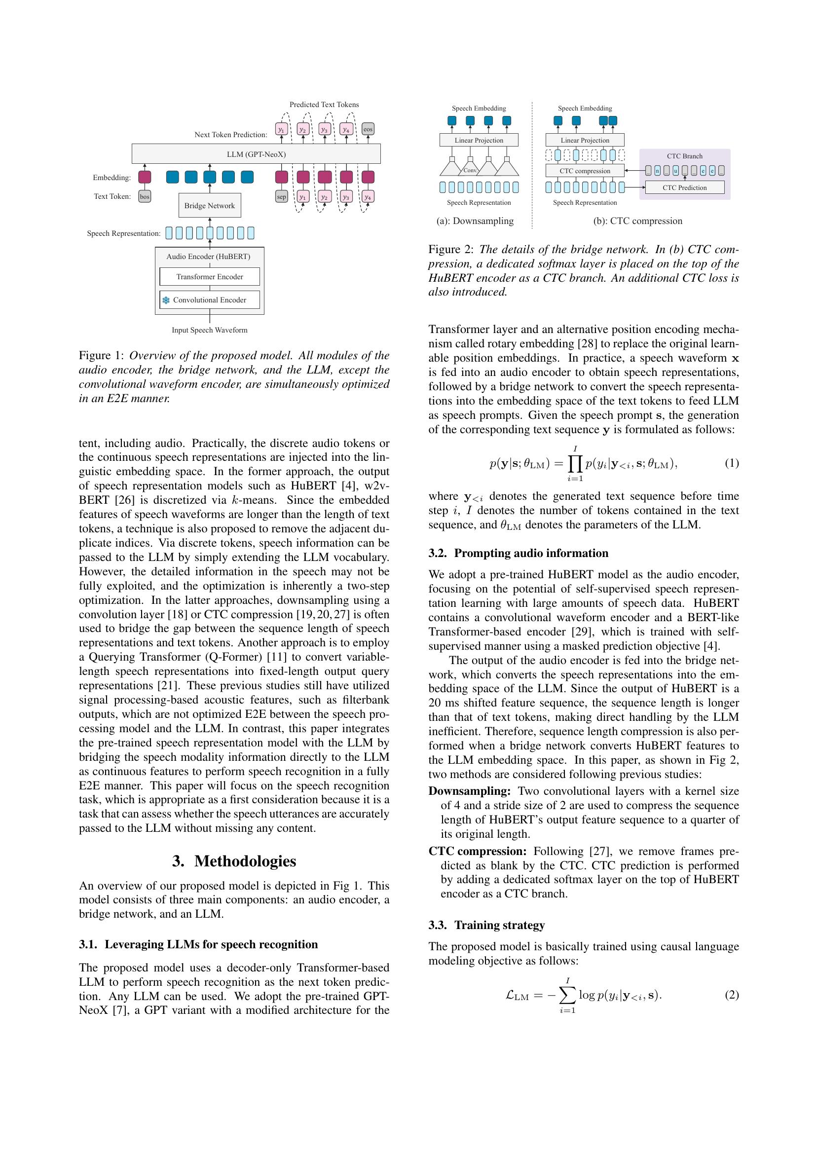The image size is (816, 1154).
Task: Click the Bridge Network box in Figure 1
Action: click(x=210, y=206)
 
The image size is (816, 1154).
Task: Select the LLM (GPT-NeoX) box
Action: click(x=256, y=154)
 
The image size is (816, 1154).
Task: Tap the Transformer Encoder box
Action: click(x=210, y=276)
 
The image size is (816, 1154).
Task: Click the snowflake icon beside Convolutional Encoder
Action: click(x=166, y=300)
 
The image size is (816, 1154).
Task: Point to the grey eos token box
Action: click(x=368, y=129)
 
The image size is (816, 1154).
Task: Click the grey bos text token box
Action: click(x=145, y=196)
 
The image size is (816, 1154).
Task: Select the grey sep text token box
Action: click(x=281, y=196)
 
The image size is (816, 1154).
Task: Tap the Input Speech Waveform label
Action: click(x=210, y=330)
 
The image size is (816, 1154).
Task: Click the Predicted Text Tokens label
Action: click(x=324, y=105)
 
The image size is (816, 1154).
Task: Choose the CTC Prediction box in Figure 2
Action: click(x=684, y=187)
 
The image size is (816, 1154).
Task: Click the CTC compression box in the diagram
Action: click(x=585, y=171)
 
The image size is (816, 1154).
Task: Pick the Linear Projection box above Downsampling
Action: click(x=479, y=140)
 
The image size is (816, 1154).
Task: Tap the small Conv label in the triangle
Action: click(x=470, y=170)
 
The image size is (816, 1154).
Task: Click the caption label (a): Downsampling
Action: click(x=475, y=221)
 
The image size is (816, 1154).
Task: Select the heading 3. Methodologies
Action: click(x=234, y=861)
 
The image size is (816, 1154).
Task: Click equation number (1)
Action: click(x=732, y=463)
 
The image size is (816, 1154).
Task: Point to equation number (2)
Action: click(x=732, y=995)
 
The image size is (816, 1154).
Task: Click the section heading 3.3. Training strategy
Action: click(x=486, y=925)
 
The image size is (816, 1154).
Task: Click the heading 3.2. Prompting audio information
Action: click(x=518, y=553)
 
